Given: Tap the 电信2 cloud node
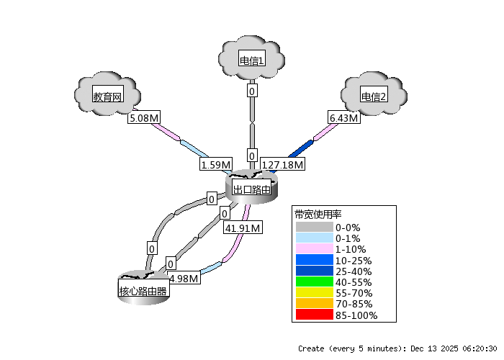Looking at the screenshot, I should point(374,96).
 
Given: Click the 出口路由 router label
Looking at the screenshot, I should point(252,189).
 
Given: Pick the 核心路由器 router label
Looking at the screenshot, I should point(143,292).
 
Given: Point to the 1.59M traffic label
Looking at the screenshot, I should point(215,165).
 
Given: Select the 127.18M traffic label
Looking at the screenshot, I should point(283,165).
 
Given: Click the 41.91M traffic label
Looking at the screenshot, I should point(243,228).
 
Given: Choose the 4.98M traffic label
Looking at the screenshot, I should point(183,279).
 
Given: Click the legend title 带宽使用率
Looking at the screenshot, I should point(318,215).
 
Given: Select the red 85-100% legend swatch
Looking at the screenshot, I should point(315,315).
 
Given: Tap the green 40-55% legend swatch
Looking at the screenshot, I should point(315,282).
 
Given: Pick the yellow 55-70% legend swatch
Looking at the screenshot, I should point(315,293).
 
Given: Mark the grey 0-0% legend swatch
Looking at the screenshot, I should point(315,227).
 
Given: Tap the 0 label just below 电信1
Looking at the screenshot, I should point(252,91).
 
